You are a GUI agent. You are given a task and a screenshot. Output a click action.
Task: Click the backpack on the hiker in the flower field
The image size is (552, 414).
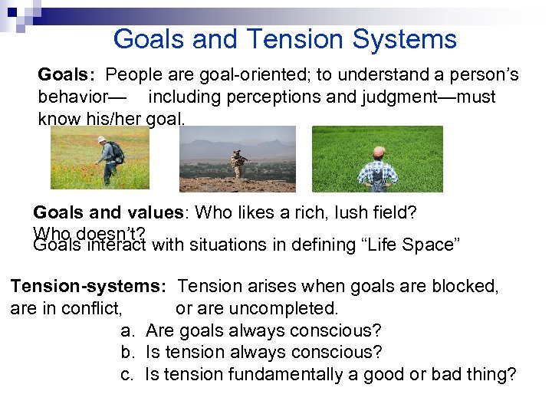117,153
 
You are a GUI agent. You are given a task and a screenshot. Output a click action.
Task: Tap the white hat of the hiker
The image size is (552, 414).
101,140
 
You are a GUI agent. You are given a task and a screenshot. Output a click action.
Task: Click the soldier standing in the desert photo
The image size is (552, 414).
238,163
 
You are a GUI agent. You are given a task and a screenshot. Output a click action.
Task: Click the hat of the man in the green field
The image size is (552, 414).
378,151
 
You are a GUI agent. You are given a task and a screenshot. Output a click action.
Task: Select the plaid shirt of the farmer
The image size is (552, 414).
378,172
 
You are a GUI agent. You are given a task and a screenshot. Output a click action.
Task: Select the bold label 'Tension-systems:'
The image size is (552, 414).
88,286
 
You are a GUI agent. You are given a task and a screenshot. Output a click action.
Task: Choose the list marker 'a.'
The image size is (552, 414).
129,330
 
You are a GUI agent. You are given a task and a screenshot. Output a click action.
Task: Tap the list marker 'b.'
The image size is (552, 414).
129,353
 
